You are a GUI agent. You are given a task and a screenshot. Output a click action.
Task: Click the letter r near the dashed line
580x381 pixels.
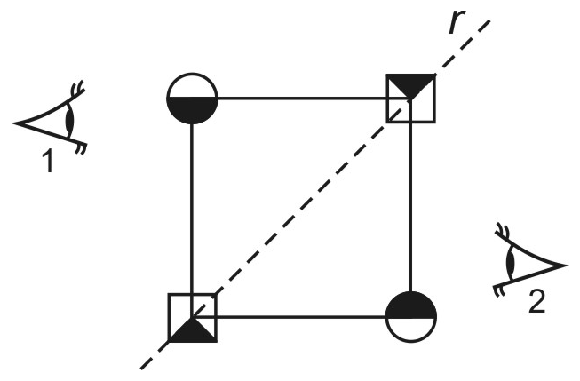[x=457, y=22]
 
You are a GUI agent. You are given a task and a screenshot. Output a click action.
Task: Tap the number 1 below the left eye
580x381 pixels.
[x=49, y=162]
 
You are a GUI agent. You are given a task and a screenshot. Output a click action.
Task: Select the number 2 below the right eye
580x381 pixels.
[x=536, y=302]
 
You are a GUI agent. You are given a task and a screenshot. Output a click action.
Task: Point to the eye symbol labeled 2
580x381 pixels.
[x=530, y=259]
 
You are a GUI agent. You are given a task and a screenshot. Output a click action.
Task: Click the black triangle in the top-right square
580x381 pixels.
[x=410, y=83]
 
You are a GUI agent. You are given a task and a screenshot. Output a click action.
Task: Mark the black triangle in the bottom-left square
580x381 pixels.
[x=193, y=332]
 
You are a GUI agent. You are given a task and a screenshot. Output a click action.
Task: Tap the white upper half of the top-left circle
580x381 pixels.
[x=192, y=86]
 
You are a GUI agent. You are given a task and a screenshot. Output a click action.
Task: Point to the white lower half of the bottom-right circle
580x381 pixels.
[x=411, y=329]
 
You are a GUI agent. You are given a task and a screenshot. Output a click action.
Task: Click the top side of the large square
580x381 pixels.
[x=302, y=99]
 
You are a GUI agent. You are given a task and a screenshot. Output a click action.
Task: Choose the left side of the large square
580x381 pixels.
[x=192, y=209]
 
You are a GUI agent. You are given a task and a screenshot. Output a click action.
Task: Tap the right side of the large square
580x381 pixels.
[x=410, y=207]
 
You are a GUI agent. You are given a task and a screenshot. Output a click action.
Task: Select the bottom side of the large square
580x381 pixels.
[x=301, y=317]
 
